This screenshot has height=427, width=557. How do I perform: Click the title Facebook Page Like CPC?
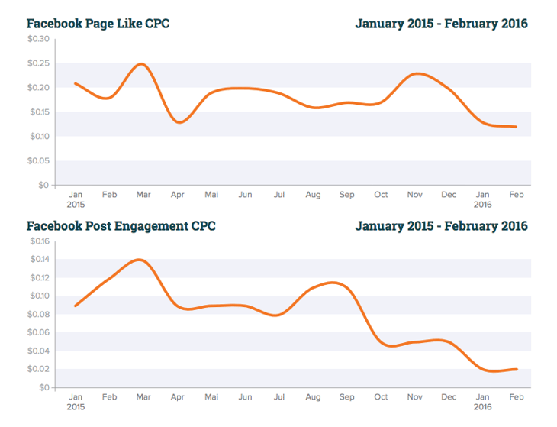(98, 24)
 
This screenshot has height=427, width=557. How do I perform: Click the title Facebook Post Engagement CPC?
(121, 226)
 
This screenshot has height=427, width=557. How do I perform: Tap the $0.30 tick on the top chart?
(38, 39)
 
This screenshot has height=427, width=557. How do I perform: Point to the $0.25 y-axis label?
(38, 63)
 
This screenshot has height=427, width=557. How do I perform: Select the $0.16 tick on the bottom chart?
(38, 241)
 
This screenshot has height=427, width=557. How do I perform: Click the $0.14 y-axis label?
(38, 260)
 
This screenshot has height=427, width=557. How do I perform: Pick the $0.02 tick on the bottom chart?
(38, 370)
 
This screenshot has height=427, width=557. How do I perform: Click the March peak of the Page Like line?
(142, 64)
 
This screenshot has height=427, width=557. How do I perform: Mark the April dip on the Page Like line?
(179, 121)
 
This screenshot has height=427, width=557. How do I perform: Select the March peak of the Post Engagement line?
(140, 260)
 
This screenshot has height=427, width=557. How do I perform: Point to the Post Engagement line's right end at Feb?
(517, 369)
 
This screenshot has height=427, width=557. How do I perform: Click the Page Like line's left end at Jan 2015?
(75, 83)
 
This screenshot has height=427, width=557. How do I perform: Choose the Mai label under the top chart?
(211, 195)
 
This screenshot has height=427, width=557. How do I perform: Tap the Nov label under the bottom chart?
(415, 397)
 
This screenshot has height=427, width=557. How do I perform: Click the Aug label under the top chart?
(313, 195)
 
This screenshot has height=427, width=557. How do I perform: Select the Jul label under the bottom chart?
(279, 397)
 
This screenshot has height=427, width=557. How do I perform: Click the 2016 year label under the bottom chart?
(483, 407)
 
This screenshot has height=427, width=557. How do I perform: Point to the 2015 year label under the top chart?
(76, 205)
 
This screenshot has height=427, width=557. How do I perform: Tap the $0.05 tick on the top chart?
(38, 161)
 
